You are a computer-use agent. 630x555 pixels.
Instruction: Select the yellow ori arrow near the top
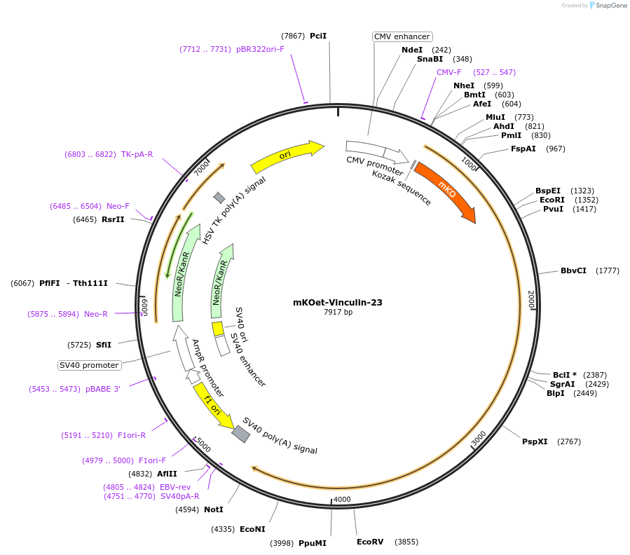point(287,156)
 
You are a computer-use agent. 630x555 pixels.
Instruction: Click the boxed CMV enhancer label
point(402,36)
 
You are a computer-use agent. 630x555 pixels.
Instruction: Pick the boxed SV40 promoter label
point(89,365)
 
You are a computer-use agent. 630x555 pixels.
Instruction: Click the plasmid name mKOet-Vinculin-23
point(338,303)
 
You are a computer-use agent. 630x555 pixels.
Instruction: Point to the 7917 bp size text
point(338,313)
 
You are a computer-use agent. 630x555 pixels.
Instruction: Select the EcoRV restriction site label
point(370,542)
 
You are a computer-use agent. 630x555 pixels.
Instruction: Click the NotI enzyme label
point(213,509)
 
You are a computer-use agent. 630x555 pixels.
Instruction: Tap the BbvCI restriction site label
point(573,270)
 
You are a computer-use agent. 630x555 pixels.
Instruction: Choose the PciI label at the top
point(318,36)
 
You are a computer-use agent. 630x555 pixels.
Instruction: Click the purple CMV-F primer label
point(448,72)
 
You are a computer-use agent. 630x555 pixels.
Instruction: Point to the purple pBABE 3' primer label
point(103,389)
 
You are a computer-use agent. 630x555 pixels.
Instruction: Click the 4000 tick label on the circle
point(342,499)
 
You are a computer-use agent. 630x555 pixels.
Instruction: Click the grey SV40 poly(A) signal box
point(240,434)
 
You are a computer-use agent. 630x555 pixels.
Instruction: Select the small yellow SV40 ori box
point(218,328)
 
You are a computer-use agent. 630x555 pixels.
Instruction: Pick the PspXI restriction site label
point(535,441)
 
